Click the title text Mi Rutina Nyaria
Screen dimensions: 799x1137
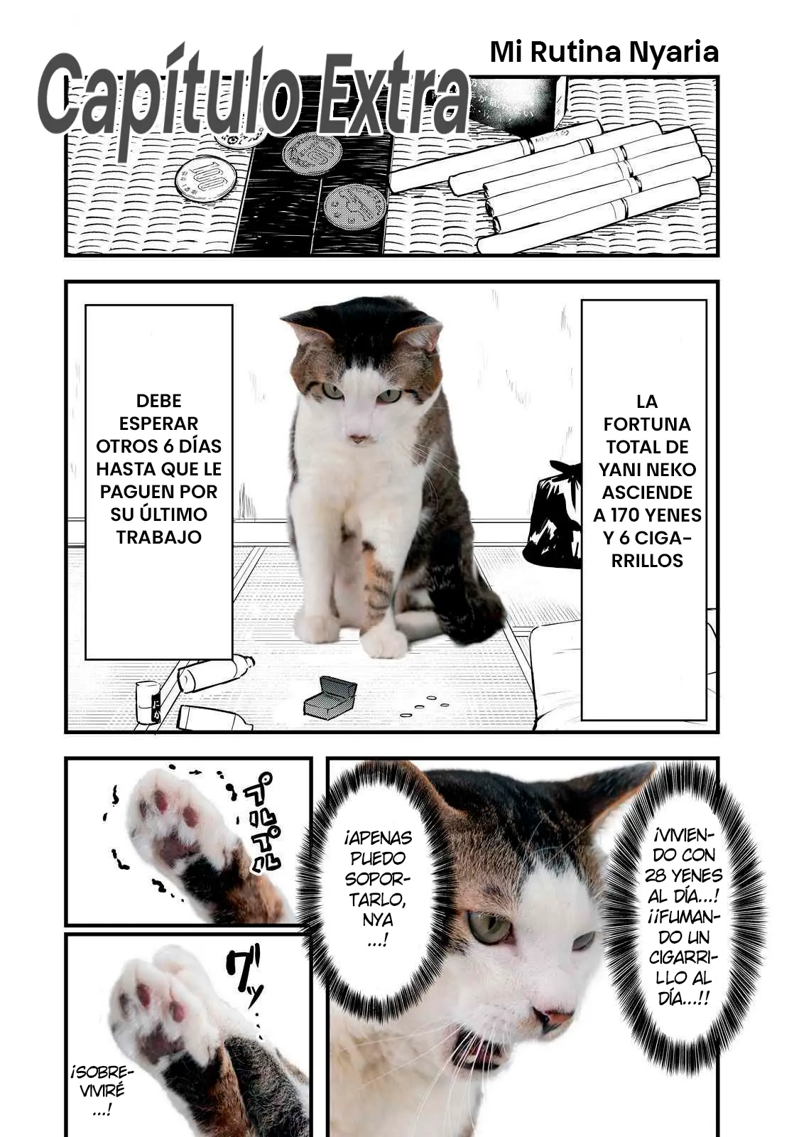pos(604,53)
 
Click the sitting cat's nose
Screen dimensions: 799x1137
pos(359,437)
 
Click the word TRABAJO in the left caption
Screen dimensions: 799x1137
pos(159,537)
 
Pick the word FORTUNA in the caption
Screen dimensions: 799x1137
pos(647,424)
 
